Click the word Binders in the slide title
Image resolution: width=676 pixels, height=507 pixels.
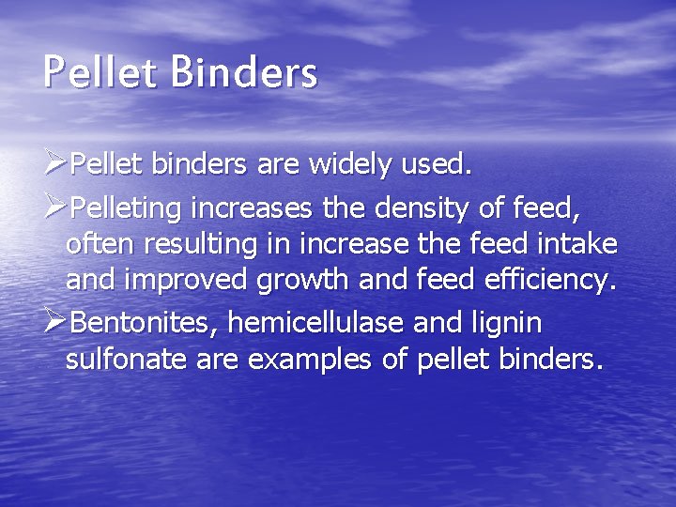[x=245, y=72]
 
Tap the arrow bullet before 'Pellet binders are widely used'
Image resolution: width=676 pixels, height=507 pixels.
[x=55, y=166]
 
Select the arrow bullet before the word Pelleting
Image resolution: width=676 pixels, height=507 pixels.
[x=55, y=205]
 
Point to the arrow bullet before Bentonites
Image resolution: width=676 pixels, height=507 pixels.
[x=55, y=322]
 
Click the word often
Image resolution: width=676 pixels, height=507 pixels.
[x=99, y=245]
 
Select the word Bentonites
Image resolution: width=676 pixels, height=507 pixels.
[x=142, y=323]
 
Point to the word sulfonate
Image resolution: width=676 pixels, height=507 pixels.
[x=128, y=361]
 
